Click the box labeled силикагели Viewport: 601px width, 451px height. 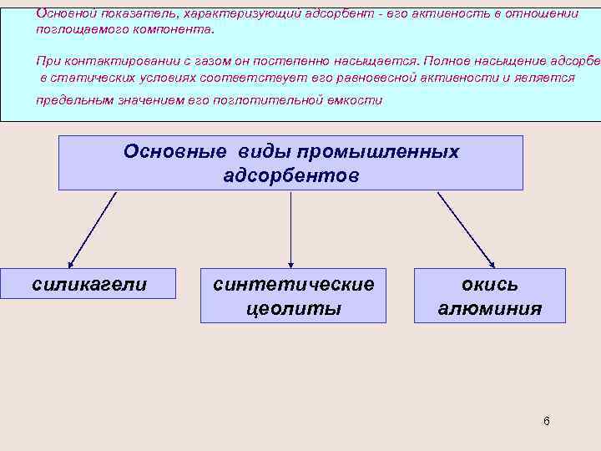coord(88,284)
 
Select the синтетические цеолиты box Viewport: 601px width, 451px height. coord(293,296)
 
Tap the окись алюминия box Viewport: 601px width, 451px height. coord(490,296)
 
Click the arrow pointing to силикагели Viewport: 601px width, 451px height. coord(91,229)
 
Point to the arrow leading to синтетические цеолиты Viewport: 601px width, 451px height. coord(290,229)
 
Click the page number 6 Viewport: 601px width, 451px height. coord(546,421)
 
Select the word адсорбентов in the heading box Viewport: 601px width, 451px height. coord(290,176)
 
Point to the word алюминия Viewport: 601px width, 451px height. coord(490,309)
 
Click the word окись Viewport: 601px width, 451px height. coord(490,284)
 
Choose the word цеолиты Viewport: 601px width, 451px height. coord(293,309)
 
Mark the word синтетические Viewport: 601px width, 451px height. coord(293,284)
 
